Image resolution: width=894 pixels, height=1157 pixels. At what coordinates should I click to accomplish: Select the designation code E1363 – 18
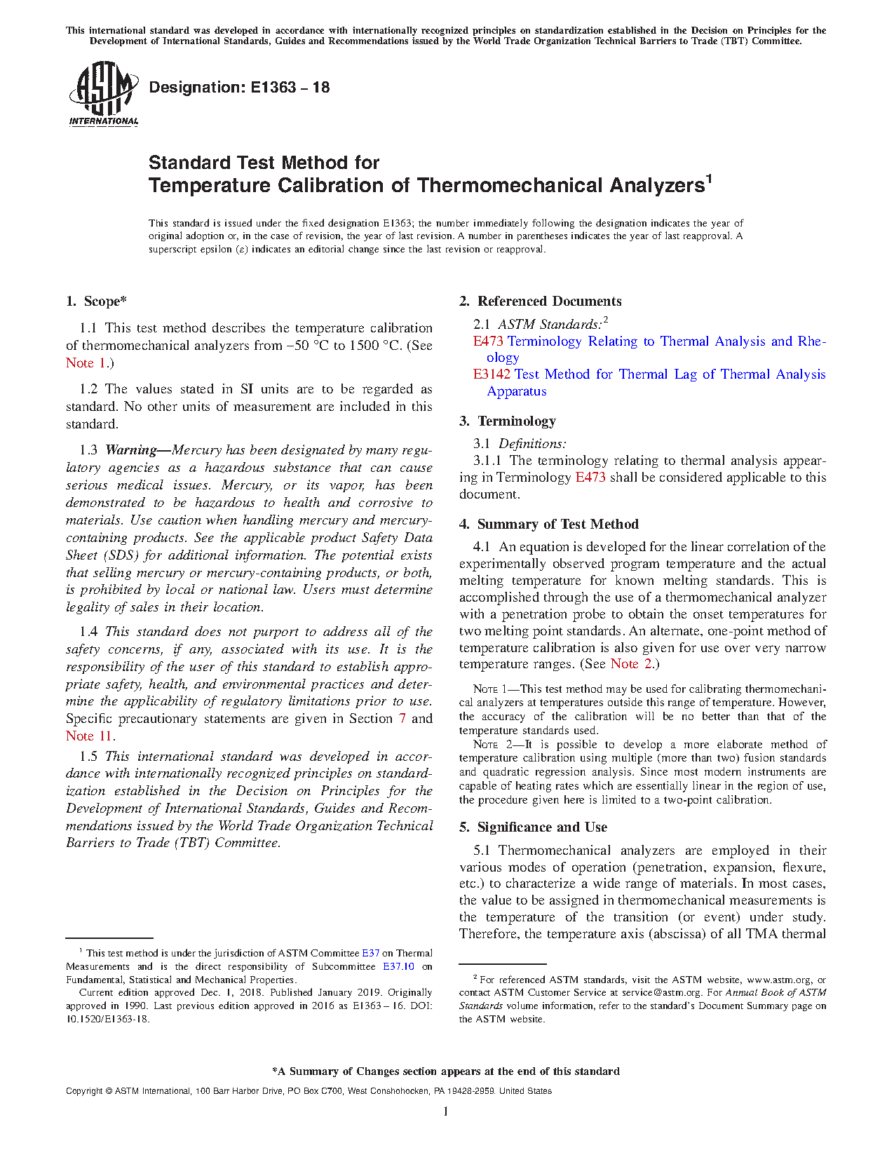[x=285, y=88]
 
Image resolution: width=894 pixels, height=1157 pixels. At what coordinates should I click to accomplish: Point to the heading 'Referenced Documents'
[x=549, y=302]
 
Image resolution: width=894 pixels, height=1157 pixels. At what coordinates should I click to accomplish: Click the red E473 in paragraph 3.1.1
[x=590, y=478]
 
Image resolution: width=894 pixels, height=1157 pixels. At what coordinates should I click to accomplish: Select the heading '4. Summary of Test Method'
[x=548, y=525]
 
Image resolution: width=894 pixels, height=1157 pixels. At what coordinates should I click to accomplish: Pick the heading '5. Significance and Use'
[x=533, y=827]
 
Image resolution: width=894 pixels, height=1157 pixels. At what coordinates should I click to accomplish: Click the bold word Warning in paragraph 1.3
[x=130, y=450]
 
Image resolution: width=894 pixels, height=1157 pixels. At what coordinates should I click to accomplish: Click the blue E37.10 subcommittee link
[x=398, y=966]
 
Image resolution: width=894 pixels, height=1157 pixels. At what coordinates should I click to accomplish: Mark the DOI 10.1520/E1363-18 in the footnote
[x=107, y=1019]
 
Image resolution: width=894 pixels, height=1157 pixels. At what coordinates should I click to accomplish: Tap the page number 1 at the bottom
[x=446, y=1111]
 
